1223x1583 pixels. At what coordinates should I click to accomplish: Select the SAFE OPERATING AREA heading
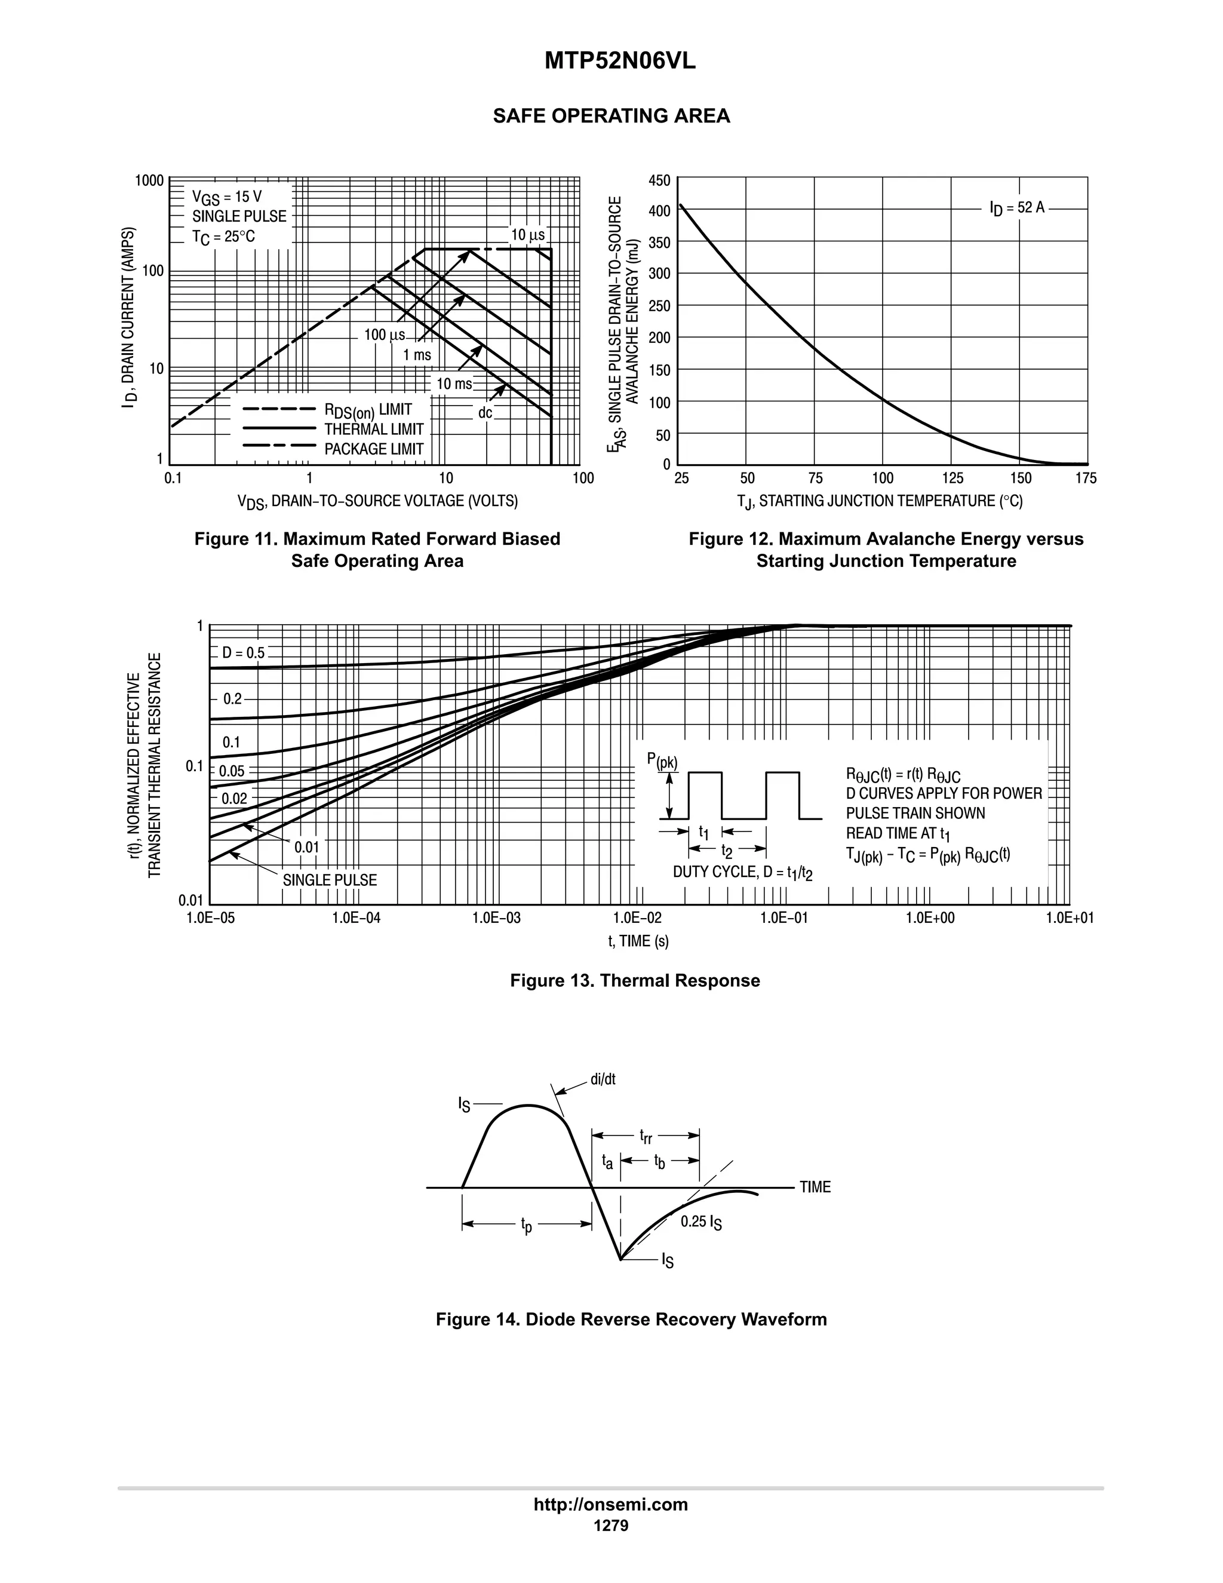(611, 116)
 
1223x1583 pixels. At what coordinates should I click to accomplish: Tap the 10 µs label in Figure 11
(527, 235)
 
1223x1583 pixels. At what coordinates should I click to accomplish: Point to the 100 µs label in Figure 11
(384, 335)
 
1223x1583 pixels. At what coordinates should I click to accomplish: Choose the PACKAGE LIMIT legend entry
(373, 449)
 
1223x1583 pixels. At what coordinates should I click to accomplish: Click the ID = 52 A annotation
(1016, 208)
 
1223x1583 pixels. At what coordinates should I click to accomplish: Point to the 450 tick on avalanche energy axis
(660, 180)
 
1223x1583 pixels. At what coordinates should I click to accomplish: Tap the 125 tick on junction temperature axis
(952, 478)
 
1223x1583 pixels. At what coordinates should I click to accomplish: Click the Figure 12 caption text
(886, 550)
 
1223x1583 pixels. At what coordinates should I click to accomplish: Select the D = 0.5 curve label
(244, 653)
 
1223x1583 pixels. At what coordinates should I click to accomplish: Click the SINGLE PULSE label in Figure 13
(330, 880)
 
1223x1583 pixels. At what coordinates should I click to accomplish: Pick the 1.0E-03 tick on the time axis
(496, 918)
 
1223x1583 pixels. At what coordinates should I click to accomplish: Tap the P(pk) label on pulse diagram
(662, 760)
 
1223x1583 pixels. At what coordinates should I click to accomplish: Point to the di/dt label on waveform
(603, 1079)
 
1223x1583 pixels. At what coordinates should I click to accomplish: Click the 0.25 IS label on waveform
(700, 1222)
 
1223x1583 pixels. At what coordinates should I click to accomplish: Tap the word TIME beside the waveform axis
(815, 1188)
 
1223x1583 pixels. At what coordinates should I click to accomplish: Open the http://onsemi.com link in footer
(611, 1504)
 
